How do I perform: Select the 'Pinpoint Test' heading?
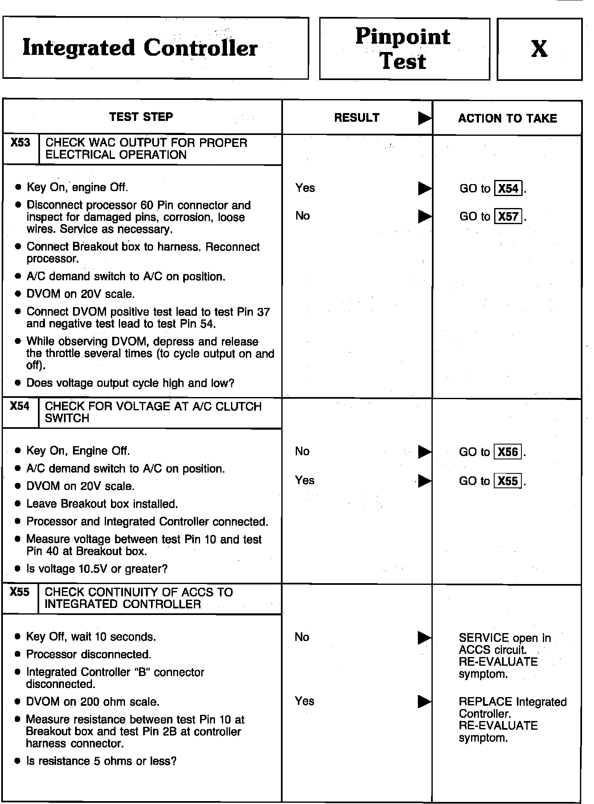coord(403,49)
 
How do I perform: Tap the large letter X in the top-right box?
coord(539,49)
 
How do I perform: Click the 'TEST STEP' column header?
coord(141,117)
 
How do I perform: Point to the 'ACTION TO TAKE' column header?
coord(507,118)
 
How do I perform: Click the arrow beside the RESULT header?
coord(424,118)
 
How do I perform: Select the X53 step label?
coord(21,143)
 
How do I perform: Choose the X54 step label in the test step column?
coord(20,406)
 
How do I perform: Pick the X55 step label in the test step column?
coord(20,592)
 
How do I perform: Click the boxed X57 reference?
coord(508,216)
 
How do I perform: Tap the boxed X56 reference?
coord(508,452)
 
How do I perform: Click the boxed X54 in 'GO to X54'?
coord(508,189)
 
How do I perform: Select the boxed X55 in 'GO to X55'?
coord(508,481)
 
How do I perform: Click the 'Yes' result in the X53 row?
coord(305,188)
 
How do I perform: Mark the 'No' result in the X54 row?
coord(302,451)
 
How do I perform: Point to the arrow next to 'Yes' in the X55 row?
coord(424,701)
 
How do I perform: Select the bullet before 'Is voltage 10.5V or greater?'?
coord(17,569)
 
